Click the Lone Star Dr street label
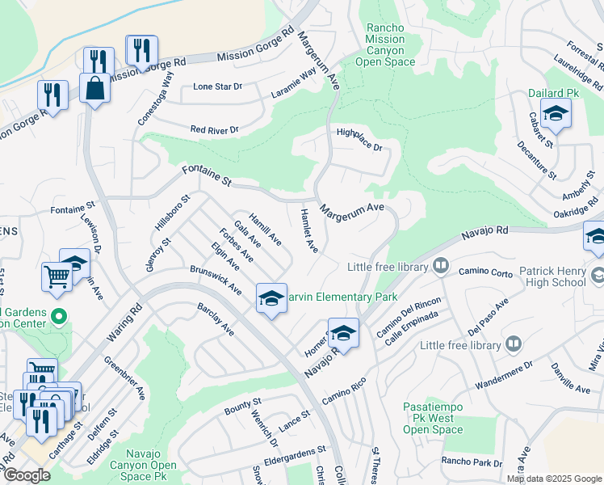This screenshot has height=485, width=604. coord(218,87)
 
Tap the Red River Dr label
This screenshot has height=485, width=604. coord(214,129)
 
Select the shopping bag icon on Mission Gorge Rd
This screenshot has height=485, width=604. coord(95,88)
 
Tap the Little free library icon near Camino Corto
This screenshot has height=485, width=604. coord(441,265)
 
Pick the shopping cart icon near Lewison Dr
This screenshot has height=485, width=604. coord(57,276)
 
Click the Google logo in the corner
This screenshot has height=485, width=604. coord(26,475)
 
